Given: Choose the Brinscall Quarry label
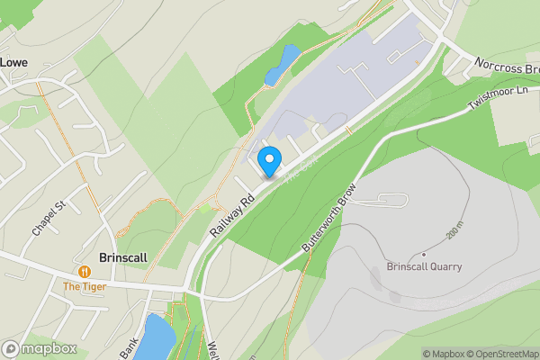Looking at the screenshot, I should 424,266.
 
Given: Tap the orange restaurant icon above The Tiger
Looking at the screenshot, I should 85,270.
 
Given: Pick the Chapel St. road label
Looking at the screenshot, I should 50,218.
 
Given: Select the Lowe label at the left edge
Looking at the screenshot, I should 13,62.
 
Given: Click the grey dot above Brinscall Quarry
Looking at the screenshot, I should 423,253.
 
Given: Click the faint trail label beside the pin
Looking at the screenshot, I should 296,172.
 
